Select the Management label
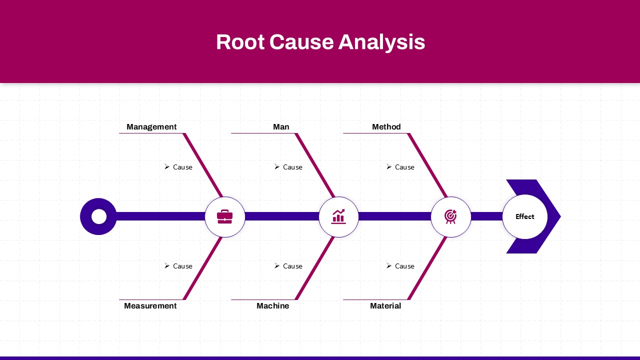click(151, 127)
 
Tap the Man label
click(281, 127)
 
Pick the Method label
click(386, 127)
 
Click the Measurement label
click(150, 306)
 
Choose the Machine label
click(272, 306)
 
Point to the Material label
click(385, 306)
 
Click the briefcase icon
click(224, 216)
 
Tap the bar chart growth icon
click(338, 216)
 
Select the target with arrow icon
click(450, 216)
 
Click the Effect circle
click(524, 216)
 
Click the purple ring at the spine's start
click(98, 216)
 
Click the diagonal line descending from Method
click(427, 165)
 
